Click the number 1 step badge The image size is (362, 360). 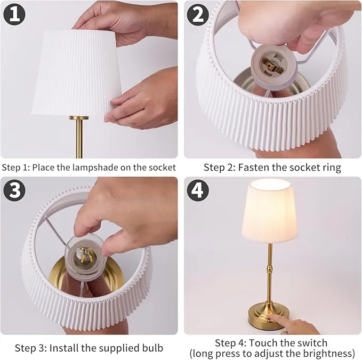14,14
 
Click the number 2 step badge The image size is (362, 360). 197,14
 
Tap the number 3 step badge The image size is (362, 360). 14,190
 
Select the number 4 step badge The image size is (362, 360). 197,190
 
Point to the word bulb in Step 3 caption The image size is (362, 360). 151,348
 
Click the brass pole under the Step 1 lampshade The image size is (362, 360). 79,139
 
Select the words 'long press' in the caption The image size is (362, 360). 214,353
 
